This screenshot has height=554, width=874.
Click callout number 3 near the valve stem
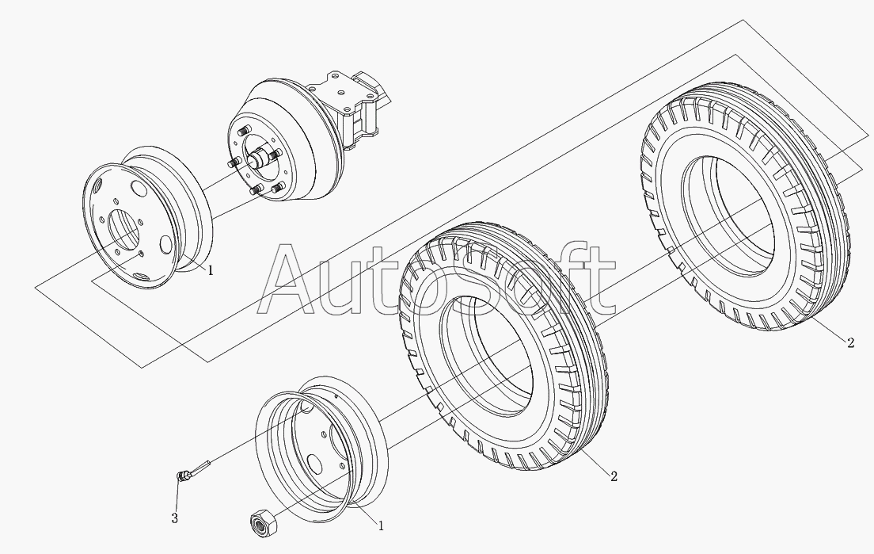pos(174,518)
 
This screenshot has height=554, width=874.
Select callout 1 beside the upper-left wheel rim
pos(210,270)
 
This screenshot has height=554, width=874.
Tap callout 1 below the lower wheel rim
pos(381,525)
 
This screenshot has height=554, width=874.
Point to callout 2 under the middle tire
pos(614,476)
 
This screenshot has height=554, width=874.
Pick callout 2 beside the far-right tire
pos(850,342)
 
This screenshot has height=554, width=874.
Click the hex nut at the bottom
pos(260,524)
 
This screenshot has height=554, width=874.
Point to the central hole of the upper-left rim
pos(123,230)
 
